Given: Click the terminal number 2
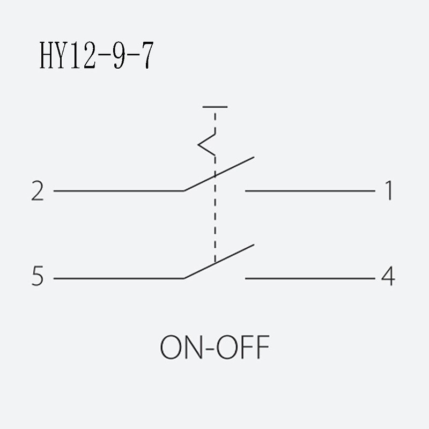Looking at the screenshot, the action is click(38, 191).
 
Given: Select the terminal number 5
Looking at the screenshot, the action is click(38, 276).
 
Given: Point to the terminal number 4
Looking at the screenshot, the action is click(388, 276).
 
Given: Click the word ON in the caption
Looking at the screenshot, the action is click(181, 347).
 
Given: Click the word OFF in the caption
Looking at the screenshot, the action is click(243, 347).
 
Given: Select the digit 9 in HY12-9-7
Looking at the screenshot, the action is click(119, 55).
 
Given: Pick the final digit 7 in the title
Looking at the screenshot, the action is click(147, 55).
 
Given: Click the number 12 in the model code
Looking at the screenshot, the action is click(83, 55).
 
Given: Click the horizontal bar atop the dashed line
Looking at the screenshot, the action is click(215, 107).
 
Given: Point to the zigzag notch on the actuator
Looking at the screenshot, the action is click(206, 144).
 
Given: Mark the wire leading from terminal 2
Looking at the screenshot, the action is click(119, 191).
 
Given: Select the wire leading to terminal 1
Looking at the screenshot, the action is click(310, 191).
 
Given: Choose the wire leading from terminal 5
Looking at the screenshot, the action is click(119, 278).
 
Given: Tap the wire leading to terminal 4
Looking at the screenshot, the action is click(310, 278).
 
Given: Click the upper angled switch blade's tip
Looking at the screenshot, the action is click(254, 157).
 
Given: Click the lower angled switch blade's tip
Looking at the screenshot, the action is click(254, 245).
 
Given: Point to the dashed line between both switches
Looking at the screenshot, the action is click(215, 209).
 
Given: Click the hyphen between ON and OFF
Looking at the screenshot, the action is click(209, 349).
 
